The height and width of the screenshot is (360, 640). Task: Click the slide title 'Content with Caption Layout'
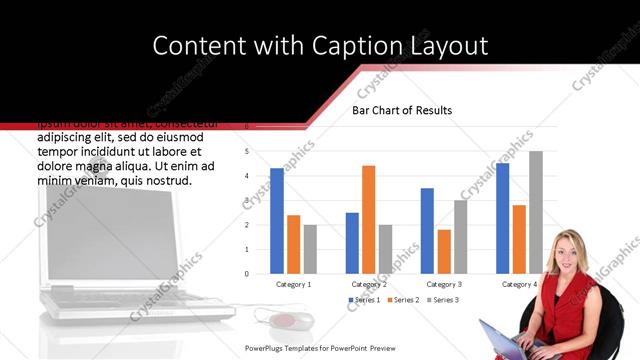pyautogui.click(x=320, y=46)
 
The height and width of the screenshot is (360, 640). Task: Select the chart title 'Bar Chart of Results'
pyautogui.click(x=401, y=110)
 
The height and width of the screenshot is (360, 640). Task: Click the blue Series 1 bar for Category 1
pyautogui.click(x=277, y=221)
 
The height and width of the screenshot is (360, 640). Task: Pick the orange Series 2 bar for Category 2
pyautogui.click(x=368, y=219)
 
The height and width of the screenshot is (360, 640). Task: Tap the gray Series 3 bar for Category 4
pyautogui.click(x=536, y=212)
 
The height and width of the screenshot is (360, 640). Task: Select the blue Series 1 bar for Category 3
pyautogui.click(x=427, y=231)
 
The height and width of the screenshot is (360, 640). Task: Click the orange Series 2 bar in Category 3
pyautogui.click(x=444, y=251)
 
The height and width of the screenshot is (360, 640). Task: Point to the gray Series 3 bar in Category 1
pyautogui.click(x=310, y=248)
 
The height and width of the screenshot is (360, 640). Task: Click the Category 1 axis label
pyautogui.click(x=294, y=285)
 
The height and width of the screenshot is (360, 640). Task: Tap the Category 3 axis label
pyautogui.click(x=444, y=285)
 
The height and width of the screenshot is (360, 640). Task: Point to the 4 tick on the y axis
pyautogui.click(x=246, y=176)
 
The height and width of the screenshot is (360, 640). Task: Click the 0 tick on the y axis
pyautogui.click(x=246, y=273)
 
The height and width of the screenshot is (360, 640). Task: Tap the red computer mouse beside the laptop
pyautogui.click(x=284, y=321)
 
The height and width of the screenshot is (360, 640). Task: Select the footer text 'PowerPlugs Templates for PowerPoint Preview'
pyautogui.click(x=321, y=348)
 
